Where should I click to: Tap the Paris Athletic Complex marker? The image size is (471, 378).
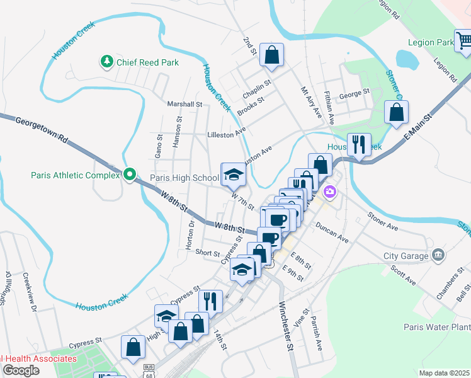pyautogui.click(x=130, y=175)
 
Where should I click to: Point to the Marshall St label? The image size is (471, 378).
pyautogui.click(x=184, y=104)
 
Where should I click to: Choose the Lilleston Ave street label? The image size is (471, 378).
pyautogui.click(x=226, y=135)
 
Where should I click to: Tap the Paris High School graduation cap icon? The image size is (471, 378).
pyautogui.click(x=233, y=175)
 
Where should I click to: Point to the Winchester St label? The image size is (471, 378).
pyautogui.click(x=285, y=327)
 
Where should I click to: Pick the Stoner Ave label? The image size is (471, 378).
pyautogui.click(x=383, y=221)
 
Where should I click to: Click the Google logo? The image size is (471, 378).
pyautogui.click(x=21, y=370)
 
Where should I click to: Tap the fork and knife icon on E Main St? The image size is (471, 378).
pyautogui.click(x=359, y=144)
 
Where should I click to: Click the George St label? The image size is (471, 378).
pyautogui.click(x=354, y=94)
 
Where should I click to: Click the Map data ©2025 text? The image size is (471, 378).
pyautogui.click(x=443, y=373)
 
